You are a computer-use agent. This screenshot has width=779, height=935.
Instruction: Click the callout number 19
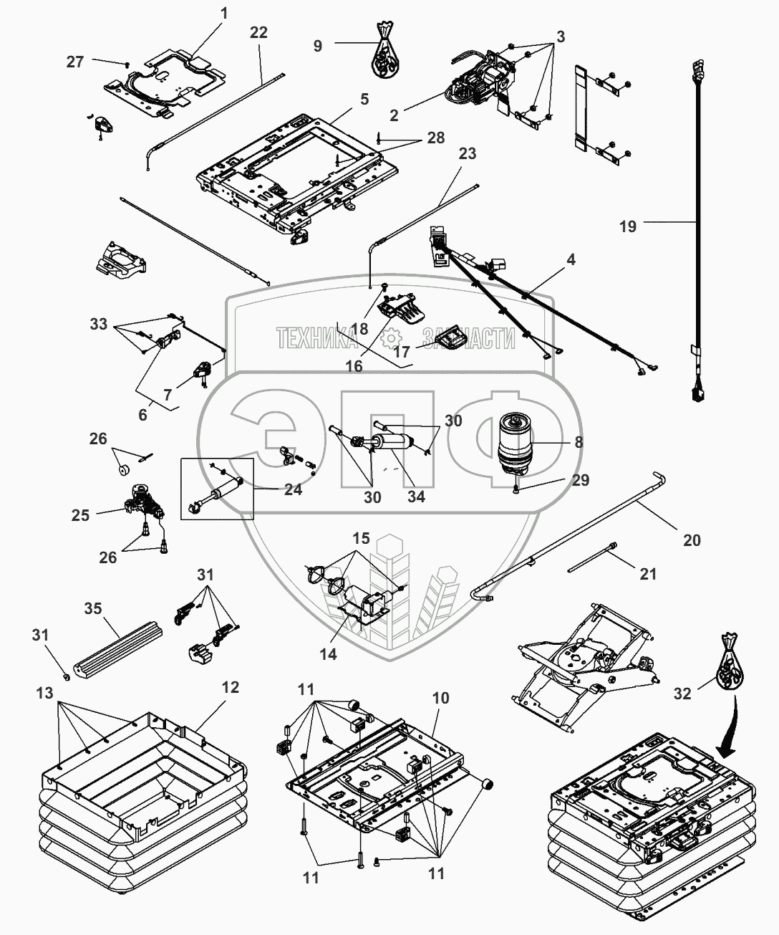pos(627,226)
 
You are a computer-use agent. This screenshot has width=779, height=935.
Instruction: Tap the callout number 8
pos(579,442)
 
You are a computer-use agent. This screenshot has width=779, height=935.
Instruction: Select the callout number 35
pos(93,608)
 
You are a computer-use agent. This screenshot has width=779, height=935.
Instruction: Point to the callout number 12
pos(230,687)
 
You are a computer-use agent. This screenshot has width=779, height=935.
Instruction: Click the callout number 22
pos(258,32)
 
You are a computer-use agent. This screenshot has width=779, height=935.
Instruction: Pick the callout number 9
pos(318,45)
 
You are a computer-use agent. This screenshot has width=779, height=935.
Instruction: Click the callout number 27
pos(75,62)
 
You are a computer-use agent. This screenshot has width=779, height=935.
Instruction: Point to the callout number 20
pos(692,540)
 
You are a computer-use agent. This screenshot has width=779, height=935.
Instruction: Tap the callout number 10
pos(440,697)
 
